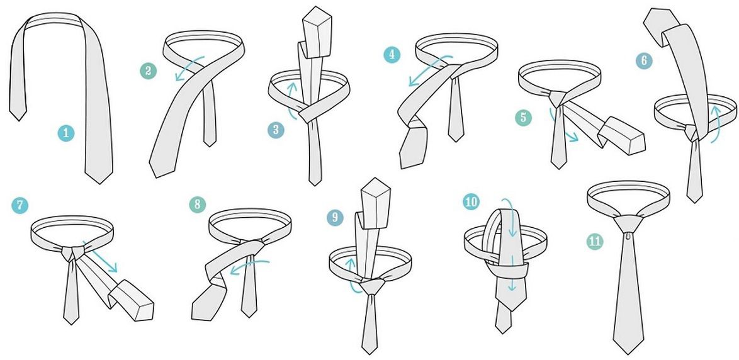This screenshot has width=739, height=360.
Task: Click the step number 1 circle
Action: pos(66,133)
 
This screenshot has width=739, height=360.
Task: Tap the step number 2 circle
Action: pos(148,71)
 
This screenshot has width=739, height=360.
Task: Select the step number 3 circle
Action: pos(276,130)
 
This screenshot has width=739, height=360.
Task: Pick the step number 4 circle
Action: pos(392,55)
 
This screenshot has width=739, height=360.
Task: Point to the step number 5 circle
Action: pos(523,117)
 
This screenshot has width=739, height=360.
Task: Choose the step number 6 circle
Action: pos(645,61)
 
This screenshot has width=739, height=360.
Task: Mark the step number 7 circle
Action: pos(20,205)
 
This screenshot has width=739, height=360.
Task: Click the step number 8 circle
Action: pos(198,205)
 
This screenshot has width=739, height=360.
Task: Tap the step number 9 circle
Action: pos(335,217)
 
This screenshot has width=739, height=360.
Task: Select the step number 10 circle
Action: pos(471,202)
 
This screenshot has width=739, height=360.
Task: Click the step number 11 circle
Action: pos(595,241)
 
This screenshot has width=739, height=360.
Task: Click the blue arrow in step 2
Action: pos(189,68)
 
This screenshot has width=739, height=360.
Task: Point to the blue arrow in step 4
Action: pos(429,70)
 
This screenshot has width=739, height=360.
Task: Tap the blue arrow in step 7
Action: pos(100,257)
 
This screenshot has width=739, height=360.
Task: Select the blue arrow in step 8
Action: pos(250,266)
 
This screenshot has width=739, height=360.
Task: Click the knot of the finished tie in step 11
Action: pos(628,223)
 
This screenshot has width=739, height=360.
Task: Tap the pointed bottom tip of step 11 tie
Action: pos(629,354)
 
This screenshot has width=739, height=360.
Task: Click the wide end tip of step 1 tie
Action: pos(98,183)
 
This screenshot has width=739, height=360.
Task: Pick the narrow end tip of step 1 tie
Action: pos(18,120)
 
